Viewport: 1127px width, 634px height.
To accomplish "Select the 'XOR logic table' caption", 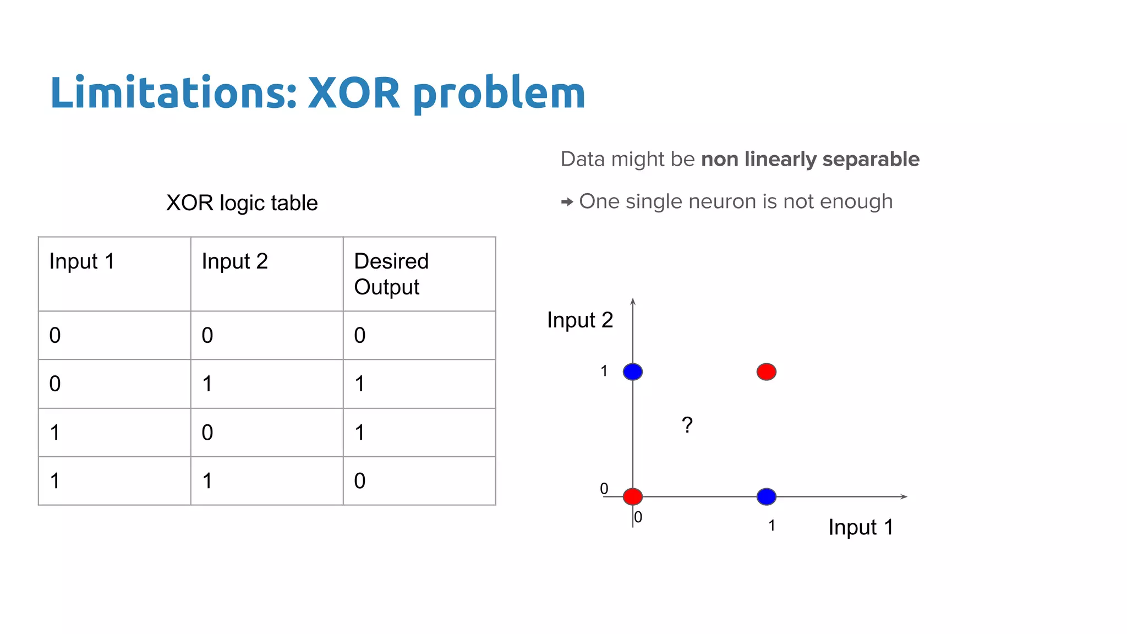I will [x=242, y=203].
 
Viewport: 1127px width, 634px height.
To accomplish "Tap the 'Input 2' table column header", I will [x=234, y=261].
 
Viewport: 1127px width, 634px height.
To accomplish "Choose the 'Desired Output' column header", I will [x=391, y=274].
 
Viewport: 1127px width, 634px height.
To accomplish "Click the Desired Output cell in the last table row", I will [x=360, y=481].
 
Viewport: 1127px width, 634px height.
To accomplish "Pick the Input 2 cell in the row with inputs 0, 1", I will [x=207, y=384].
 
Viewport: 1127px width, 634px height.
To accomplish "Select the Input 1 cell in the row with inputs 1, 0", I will [x=55, y=433].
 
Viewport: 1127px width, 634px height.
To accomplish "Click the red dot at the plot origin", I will [x=633, y=496].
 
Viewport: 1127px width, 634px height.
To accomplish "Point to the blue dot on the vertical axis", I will [x=633, y=371].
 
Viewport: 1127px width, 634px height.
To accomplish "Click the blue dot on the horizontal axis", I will [x=766, y=496].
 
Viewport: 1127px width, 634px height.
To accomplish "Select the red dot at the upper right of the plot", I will [x=766, y=371].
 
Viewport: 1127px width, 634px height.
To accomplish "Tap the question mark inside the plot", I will [x=687, y=425].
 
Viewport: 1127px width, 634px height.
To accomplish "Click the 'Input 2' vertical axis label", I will [x=579, y=320].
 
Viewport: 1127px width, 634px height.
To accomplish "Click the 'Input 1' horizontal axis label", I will [x=860, y=527].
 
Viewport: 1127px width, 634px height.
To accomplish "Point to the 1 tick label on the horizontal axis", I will [x=772, y=526].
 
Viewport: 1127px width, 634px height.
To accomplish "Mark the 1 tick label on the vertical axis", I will [x=604, y=371].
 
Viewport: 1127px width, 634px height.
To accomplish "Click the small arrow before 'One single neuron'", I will [x=567, y=202].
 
